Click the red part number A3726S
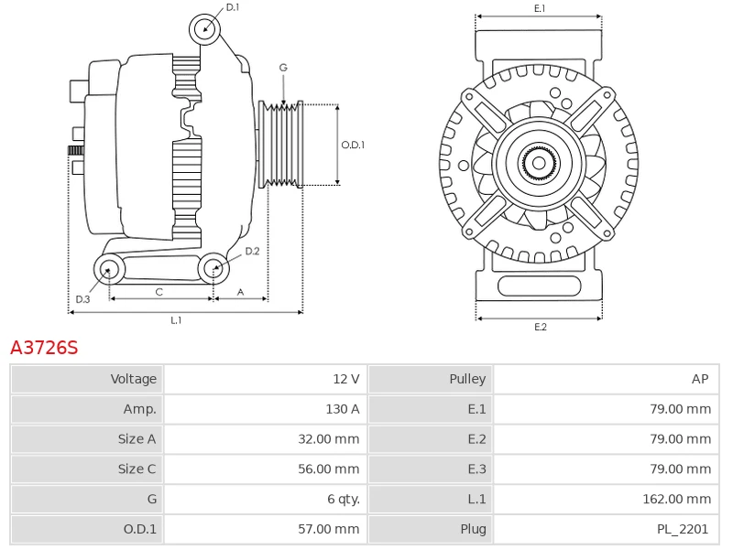(44, 348)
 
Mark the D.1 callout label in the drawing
(233, 7)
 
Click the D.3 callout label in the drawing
(82, 299)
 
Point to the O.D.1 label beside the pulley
(353, 145)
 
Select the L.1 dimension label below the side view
(176, 320)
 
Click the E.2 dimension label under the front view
(540, 328)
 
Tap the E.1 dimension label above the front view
(540, 8)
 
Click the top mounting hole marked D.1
(204, 29)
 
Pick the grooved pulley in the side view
(281, 145)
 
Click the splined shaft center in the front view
(539, 164)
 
